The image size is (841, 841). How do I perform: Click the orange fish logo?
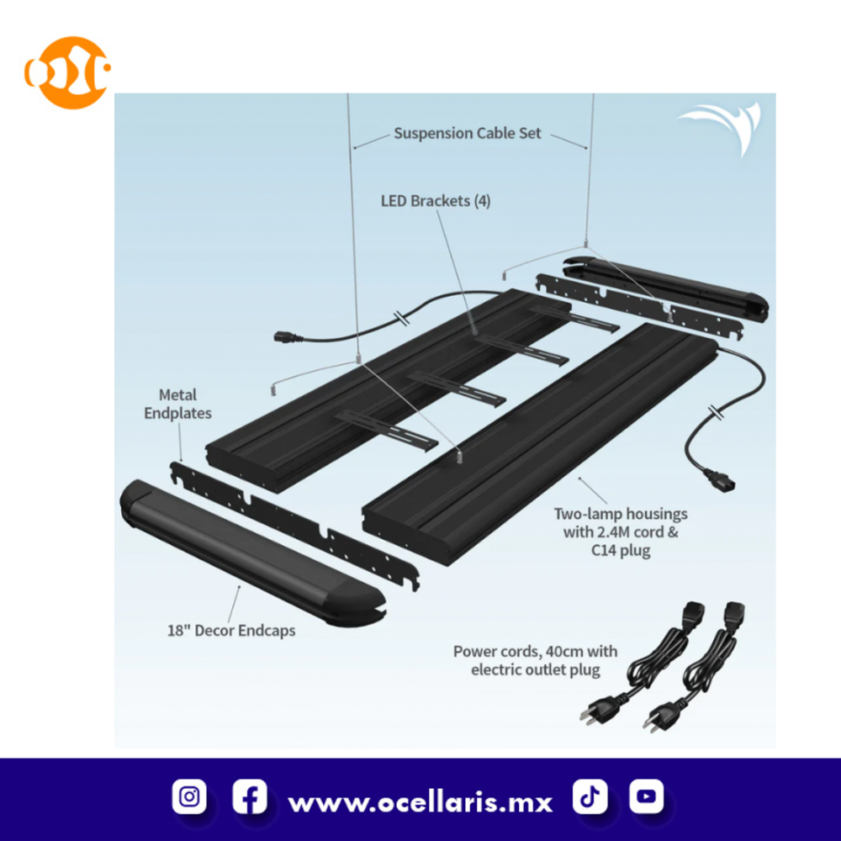tap(67, 72)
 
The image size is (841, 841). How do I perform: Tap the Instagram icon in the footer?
tap(190, 796)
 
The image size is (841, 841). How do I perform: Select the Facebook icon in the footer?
tap(250, 796)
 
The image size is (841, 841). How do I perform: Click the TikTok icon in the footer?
tap(590, 796)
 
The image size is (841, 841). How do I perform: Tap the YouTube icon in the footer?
tap(646, 796)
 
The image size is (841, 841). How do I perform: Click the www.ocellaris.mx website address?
tap(420, 801)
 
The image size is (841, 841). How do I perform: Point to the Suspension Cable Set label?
tap(468, 133)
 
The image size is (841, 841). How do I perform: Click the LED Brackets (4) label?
tap(436, 201)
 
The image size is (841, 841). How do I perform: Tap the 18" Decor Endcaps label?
tap(230, 630)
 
